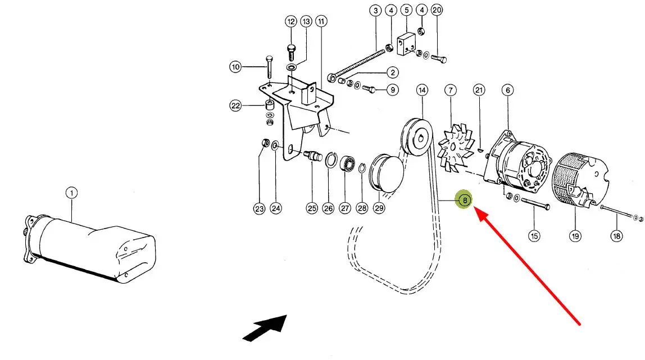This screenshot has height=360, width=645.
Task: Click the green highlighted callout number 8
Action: pos(465,200)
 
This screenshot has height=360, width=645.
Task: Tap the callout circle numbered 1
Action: pos(71,193)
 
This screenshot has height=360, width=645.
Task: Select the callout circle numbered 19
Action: pos(575,236)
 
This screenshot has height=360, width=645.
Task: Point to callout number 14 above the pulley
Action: pos(422,90)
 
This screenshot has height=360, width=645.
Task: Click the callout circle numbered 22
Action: pos(235,106)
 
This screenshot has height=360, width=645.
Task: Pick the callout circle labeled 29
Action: pos(379,208)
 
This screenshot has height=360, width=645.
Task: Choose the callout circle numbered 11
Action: pos(321,21)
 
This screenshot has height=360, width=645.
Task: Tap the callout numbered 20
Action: pos(437,10)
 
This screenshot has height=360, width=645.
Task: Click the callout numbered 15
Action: pos(534,236)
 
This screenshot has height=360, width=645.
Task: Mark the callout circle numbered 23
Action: pos(259,209)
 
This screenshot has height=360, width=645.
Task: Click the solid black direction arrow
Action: pos(265,328)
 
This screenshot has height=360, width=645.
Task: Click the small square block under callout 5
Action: pos(406,44)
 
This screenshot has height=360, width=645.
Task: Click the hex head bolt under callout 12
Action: pos(291,52)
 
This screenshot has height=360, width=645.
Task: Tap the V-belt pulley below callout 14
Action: pos(417,137)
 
